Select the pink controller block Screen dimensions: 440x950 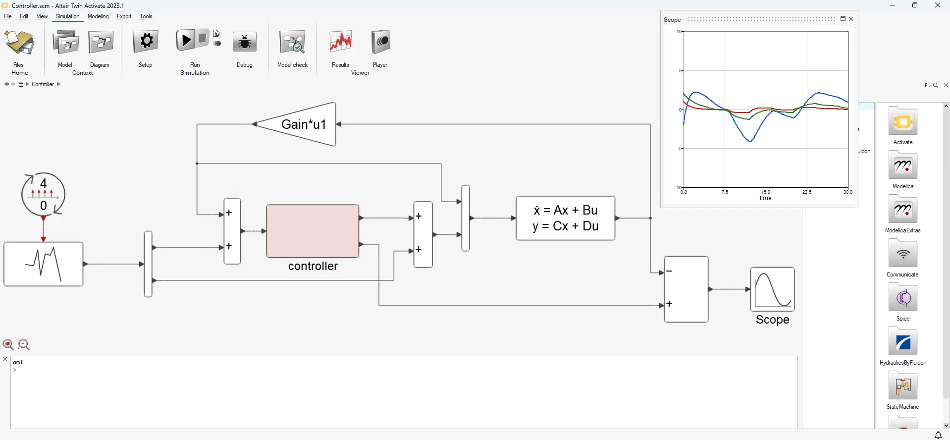(x=313, y=231)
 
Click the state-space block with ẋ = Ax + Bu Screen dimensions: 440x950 (x=565, y=218)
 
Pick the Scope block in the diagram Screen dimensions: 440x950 (x=772, y=289)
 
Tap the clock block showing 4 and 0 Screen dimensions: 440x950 (x=44, y=194)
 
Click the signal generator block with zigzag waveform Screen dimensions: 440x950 (x=44, y=264)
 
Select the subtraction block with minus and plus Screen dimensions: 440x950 (x=686, y=289)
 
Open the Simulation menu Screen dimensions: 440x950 (x=67, y=16)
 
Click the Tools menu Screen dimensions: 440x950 (x=146, y=16)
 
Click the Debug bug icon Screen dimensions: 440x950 (x=244, y=43)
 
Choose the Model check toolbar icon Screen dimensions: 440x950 (x=292, y=43)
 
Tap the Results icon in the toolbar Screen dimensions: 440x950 (x=341, y=43)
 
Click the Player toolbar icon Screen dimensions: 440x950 (x=380, y=42)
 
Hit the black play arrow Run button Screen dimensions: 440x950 (x=186, y=40)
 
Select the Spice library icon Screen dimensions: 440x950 (x=903, y=298)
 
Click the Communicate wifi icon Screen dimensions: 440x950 (x=903, y=254)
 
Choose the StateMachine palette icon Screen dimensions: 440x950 (x=903, y=386)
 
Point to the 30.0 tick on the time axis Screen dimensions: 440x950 (x=848, y=192)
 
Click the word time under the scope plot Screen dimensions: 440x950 (x=766, y=198)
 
